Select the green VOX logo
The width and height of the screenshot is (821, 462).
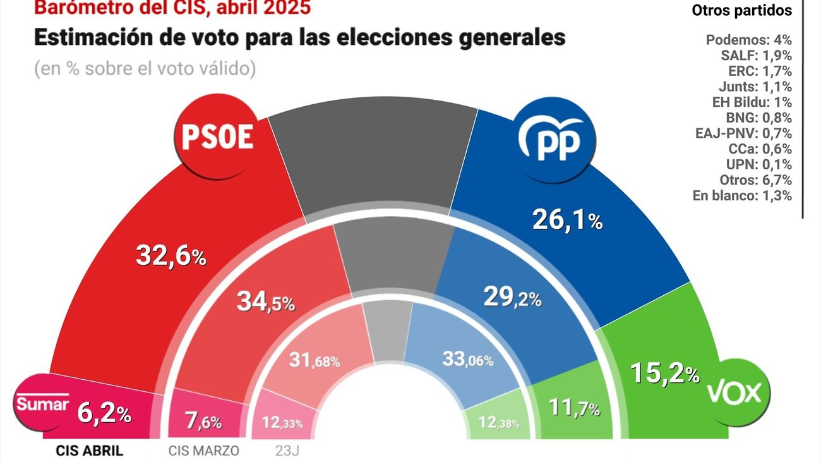(x=737, y=393)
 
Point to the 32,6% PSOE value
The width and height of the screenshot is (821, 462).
(x=171, y=255)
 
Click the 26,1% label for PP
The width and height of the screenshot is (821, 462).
(x=567, y=219)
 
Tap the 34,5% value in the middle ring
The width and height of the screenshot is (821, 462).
(x=266, y=301)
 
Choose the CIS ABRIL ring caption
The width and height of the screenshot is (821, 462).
(x=89, y=451)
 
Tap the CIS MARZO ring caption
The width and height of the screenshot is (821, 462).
(x=204, y=451)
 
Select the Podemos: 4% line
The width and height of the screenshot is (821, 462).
(x=748, y=40)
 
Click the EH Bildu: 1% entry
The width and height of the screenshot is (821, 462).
(x=751, y=102)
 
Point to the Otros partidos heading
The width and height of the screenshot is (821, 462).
(x=741, y=10)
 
